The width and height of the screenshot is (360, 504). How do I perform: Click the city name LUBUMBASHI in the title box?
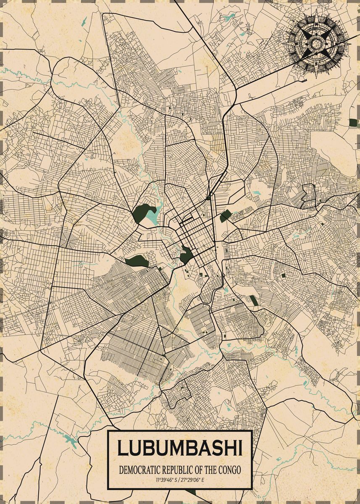click(180, 448)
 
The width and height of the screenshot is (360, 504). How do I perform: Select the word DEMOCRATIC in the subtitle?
click(139, 470)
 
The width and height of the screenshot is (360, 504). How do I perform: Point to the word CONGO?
click(230, 470)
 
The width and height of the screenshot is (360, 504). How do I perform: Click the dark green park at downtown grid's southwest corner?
click(185, 255)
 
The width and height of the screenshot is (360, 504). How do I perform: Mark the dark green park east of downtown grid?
click(226, 216)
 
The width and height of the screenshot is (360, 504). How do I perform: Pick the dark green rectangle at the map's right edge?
click(353, 123)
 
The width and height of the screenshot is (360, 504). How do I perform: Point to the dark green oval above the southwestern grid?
click(137, 261)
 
